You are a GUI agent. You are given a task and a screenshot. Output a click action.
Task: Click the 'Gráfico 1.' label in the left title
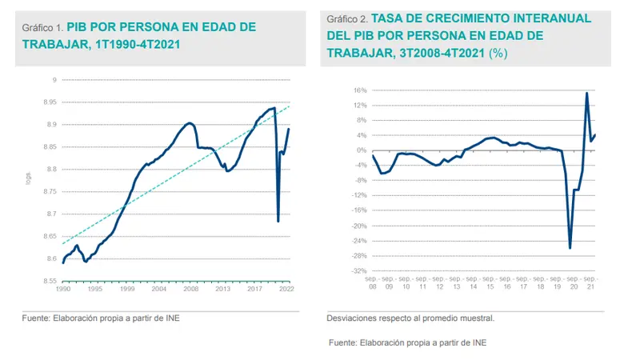pos(42,27)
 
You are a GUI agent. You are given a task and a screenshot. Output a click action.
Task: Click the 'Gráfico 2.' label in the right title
pos(346,18)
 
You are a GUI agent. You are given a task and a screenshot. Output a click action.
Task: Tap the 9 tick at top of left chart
pos(53,80)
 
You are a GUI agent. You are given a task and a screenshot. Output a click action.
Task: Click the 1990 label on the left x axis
pos(63,289)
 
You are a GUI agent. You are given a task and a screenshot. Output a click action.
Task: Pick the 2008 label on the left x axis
pos(191,289)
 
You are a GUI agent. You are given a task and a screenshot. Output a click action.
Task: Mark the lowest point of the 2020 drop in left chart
pos(278,221)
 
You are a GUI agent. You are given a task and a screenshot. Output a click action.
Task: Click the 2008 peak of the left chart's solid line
pos(189,123)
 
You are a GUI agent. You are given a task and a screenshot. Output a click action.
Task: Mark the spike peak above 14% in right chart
pos(587,93)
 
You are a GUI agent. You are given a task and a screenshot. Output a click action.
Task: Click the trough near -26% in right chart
pos(570,248)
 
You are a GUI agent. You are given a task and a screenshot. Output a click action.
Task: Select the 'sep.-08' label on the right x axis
pos(373,282)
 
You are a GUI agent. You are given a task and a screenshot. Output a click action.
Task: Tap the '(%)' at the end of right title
pos(498,53)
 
